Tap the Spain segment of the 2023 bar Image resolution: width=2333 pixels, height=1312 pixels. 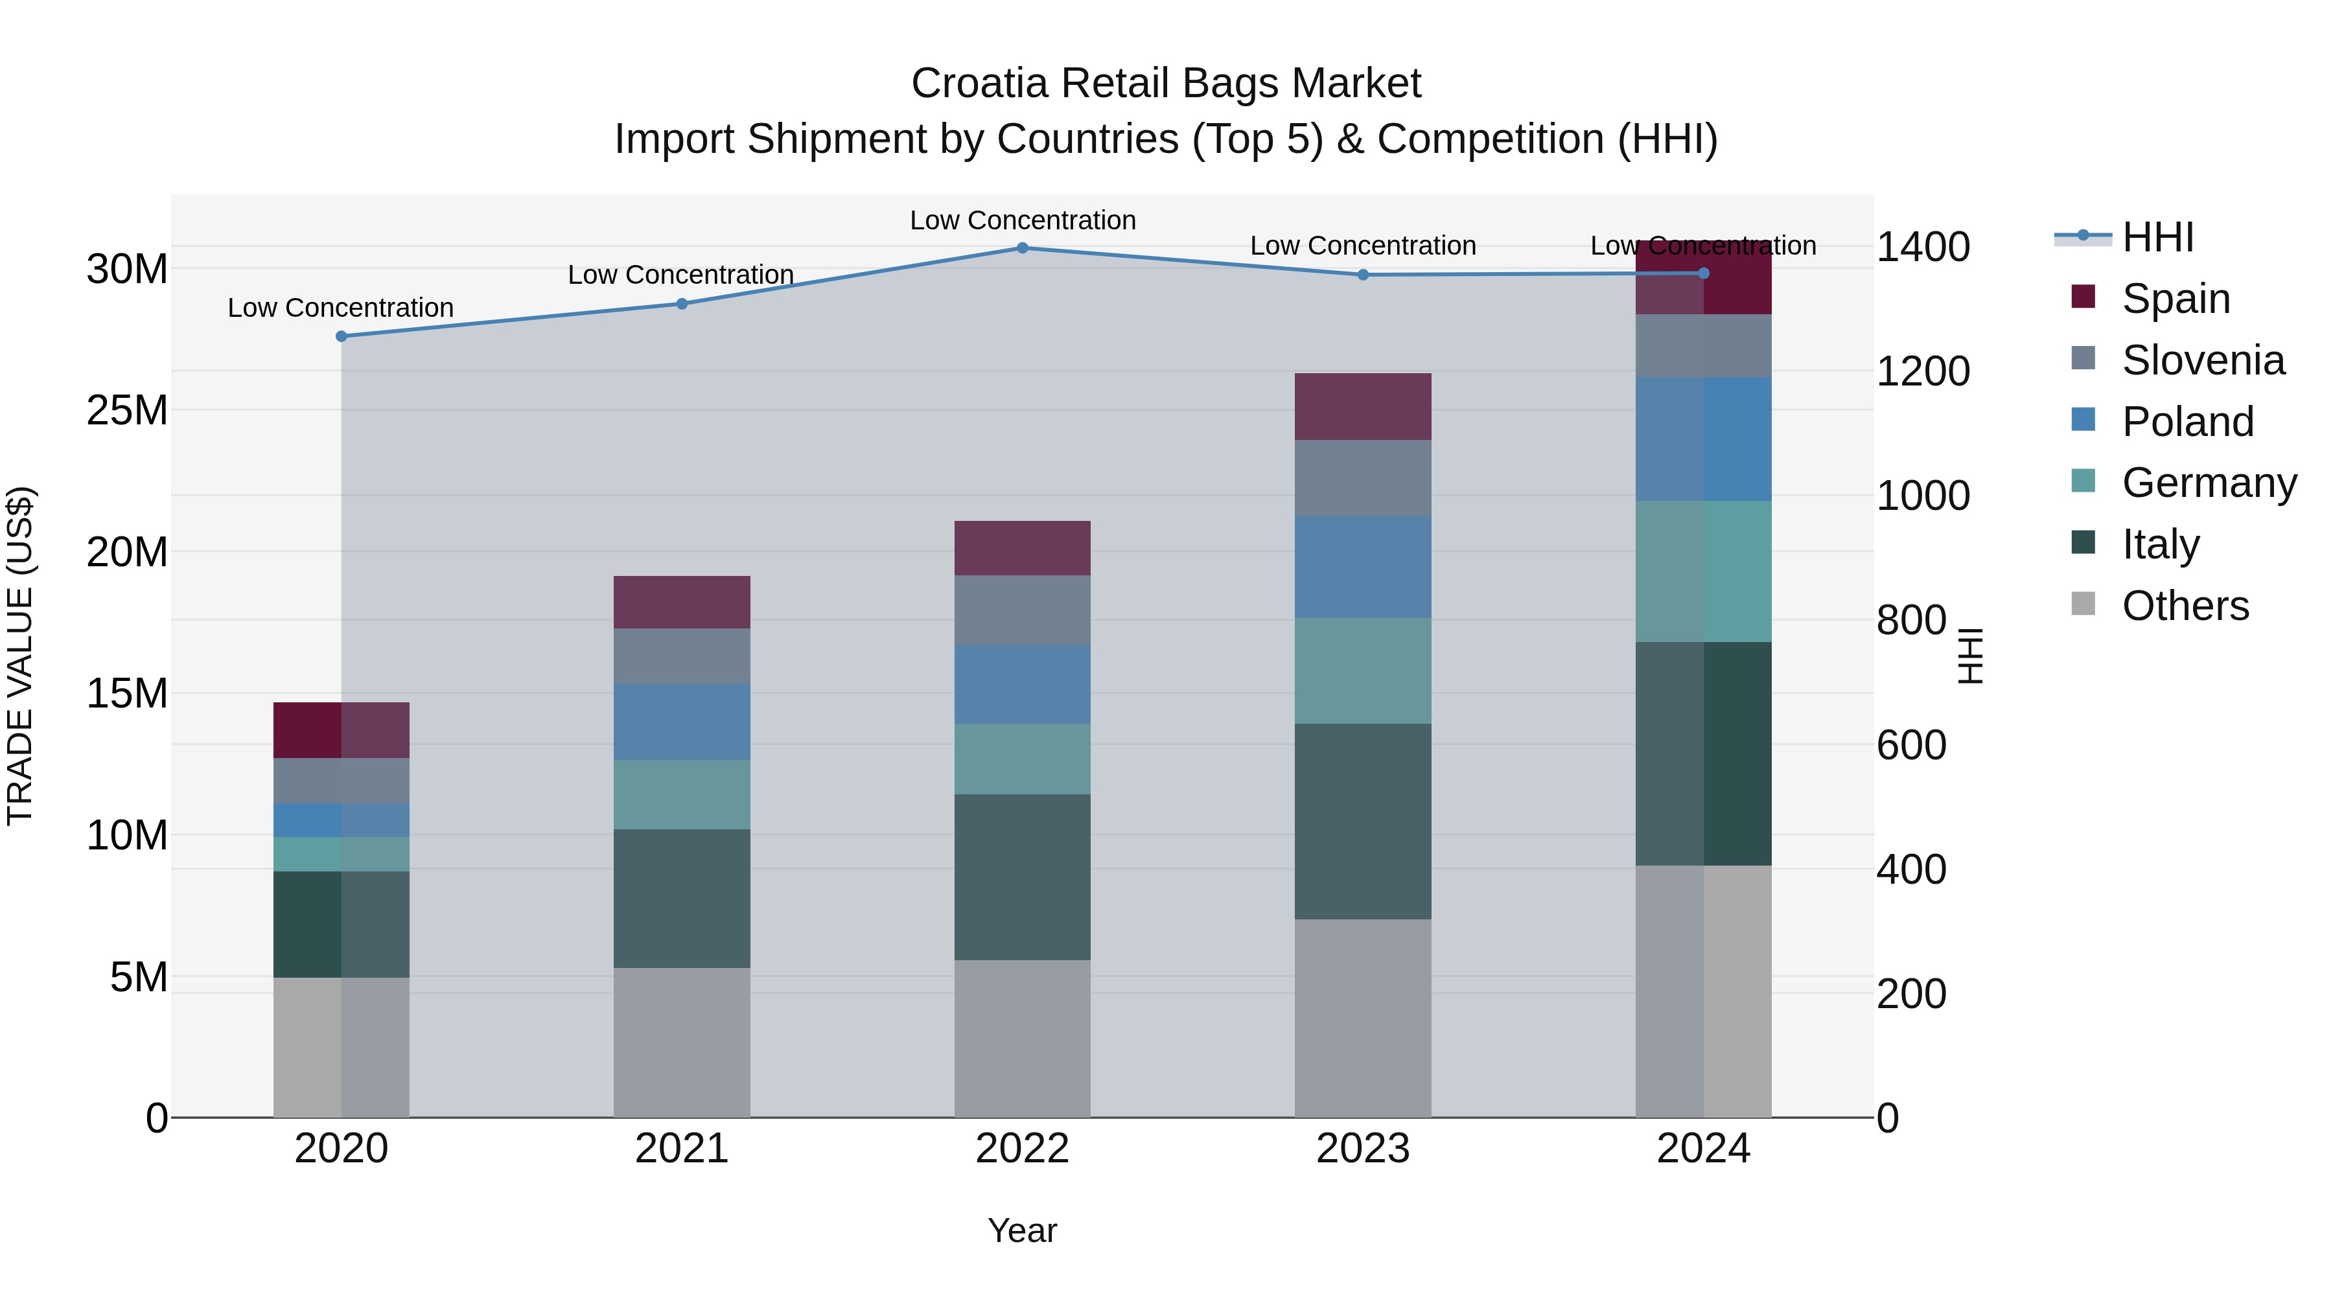click(1362, 406)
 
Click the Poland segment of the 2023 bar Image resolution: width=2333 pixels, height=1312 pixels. click(1362, 567)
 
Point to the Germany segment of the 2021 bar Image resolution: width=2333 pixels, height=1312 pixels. click(681, 794)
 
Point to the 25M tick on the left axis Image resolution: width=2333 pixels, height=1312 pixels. click(127, 411)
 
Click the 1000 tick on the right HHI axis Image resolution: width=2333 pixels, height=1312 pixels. click(1922, 496)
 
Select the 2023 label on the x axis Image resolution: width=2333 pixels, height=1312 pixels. click(1362, 1149)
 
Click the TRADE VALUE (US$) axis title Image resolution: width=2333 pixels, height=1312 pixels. click(20, 656)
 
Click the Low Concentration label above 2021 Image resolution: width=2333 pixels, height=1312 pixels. click(680, 274)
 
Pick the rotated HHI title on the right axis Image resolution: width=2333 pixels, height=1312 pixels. click(1971, 656)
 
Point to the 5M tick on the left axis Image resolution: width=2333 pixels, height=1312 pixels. click(139, 978)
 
